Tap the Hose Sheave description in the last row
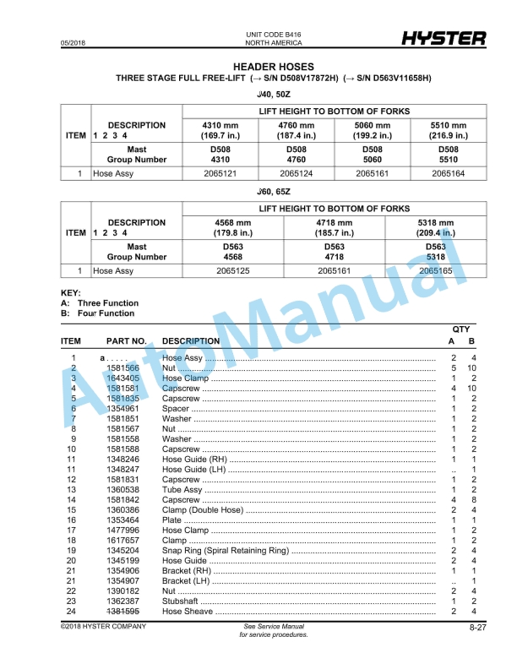tap(187, 611)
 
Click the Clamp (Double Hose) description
tap(199, 509)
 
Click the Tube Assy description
tap(182, 490)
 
